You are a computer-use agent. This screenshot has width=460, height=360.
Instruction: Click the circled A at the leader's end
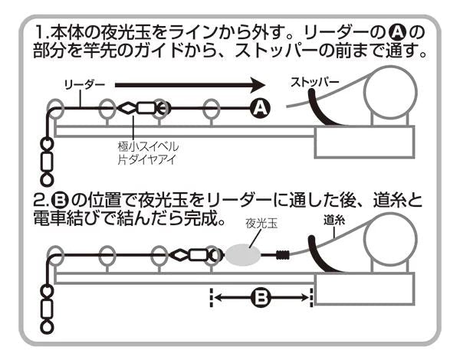click(x=260, y=109)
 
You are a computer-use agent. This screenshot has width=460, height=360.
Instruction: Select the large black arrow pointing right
click(x=192, y=82)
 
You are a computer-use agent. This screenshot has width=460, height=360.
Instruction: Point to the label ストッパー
click(x=314, y=81)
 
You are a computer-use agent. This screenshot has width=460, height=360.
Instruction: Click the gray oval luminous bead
click(x=245, y=254)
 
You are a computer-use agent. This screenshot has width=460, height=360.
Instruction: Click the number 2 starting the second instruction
click(x=39, y=202)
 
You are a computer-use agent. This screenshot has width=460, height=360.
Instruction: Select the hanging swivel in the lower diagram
click(x=47, y=308)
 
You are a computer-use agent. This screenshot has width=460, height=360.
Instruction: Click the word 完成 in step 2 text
click(x=202, y=219)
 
